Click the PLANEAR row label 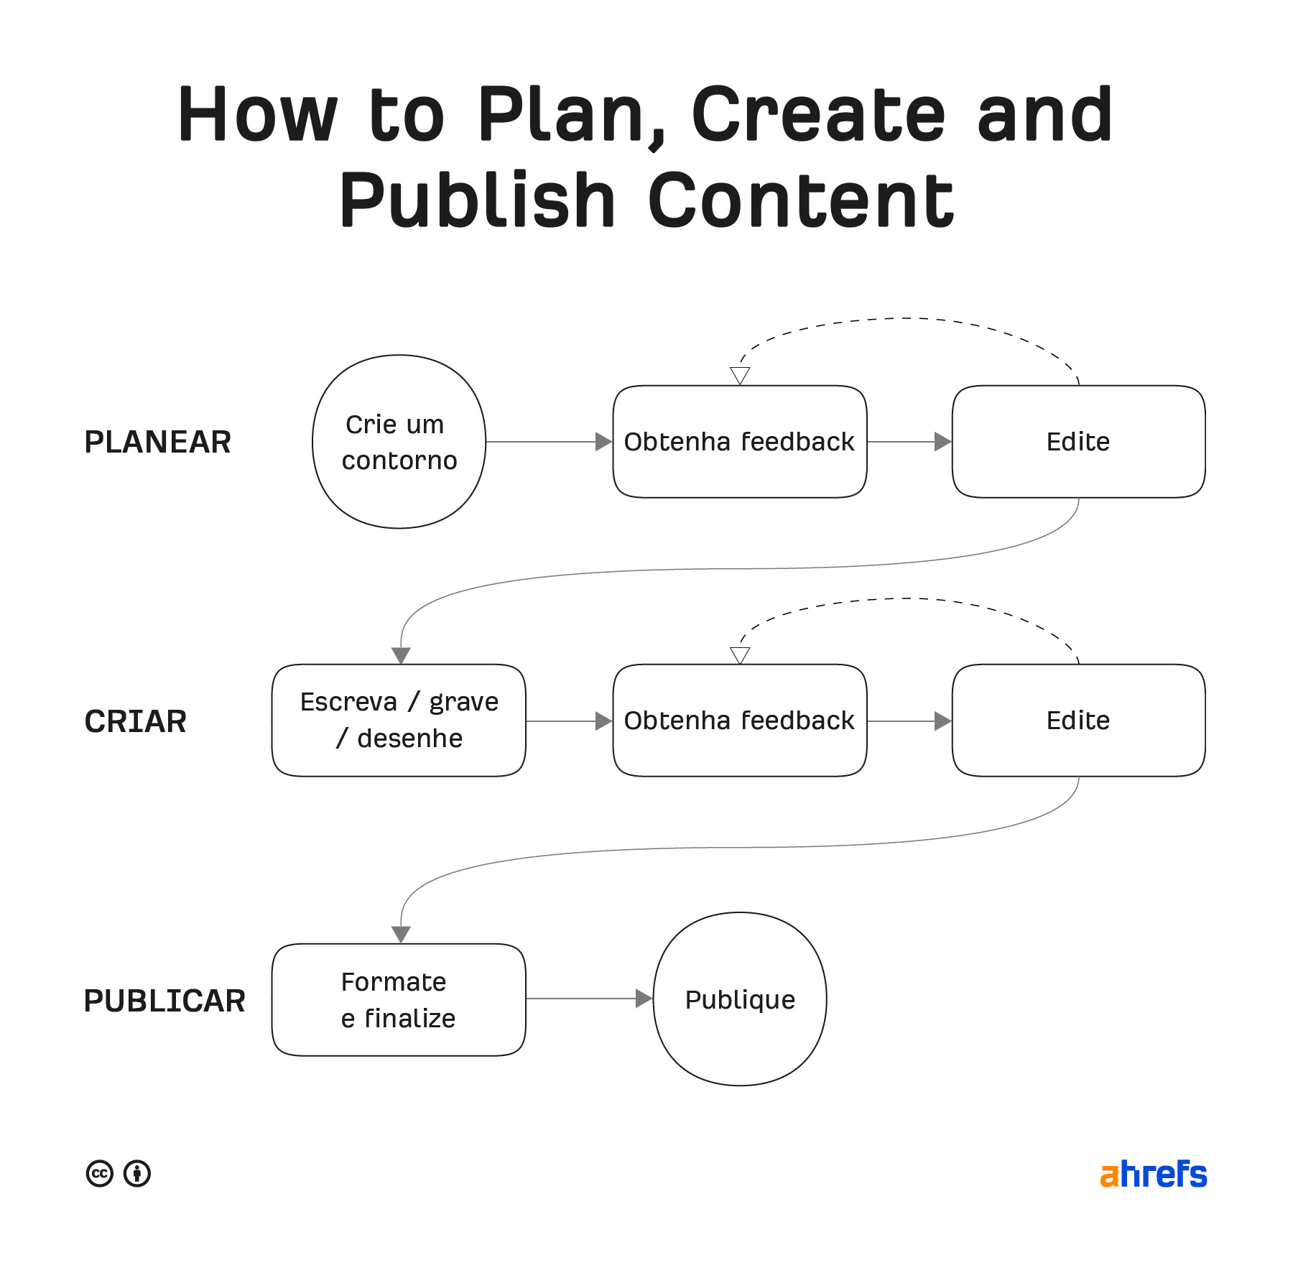(157, 442)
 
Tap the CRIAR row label (135, 721)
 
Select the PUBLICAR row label (164, 1001)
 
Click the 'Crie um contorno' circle (399, 442)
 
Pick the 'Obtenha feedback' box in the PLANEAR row (739, 442)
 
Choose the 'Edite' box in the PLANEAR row (1078, 442)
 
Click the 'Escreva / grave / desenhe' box (399, 721)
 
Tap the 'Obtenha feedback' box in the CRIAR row (739, 721)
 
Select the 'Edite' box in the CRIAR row (1078, 721)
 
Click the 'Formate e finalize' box (399, 999)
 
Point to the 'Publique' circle (740, 999)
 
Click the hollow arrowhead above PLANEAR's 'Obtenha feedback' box (740, 375)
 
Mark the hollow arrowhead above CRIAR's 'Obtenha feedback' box (740, 654)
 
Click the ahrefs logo (1153, 1175)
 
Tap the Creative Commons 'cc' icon (100, 1174)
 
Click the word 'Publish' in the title (477, 200)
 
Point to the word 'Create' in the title (818, 114)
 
